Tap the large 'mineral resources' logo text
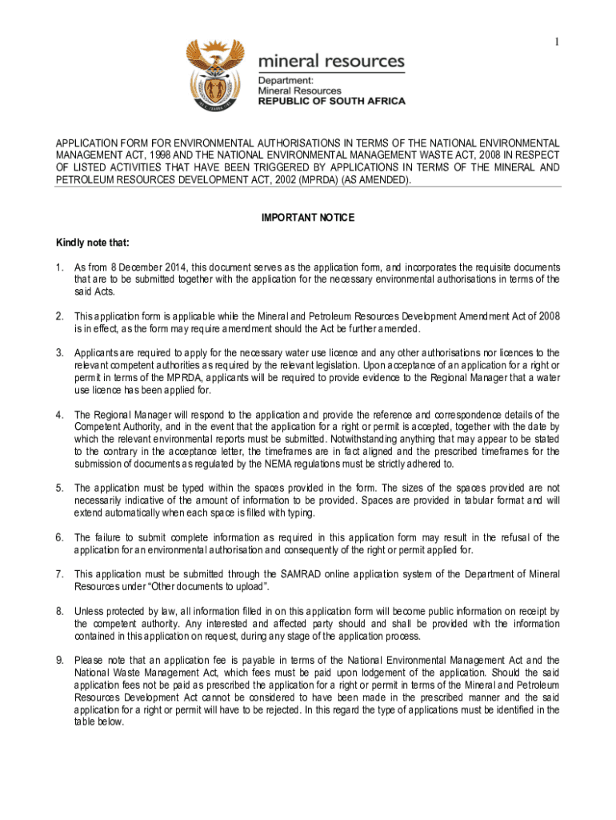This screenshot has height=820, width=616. [330, 62]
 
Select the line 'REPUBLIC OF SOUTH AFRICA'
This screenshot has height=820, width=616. [331, 102]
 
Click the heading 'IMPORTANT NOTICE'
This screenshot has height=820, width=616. [308, 218]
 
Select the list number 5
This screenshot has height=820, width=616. [59, 488]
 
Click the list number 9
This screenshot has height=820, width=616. [59, 661]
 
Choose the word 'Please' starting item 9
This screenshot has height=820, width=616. [89, 661]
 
